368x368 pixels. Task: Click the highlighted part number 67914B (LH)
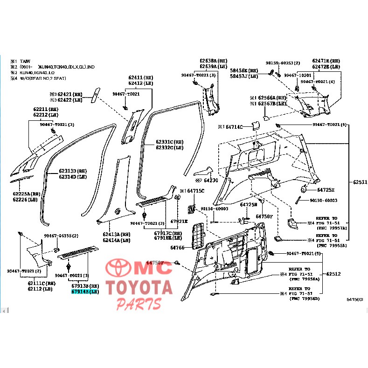point(84,292)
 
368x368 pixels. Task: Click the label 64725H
point(326,190)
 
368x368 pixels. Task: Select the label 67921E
point(179,222)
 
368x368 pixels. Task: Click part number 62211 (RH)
point(46,109)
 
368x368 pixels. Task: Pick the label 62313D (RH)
point(73,171)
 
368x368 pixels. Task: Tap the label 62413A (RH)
point(117,235)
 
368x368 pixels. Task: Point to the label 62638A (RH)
point(214,61)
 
